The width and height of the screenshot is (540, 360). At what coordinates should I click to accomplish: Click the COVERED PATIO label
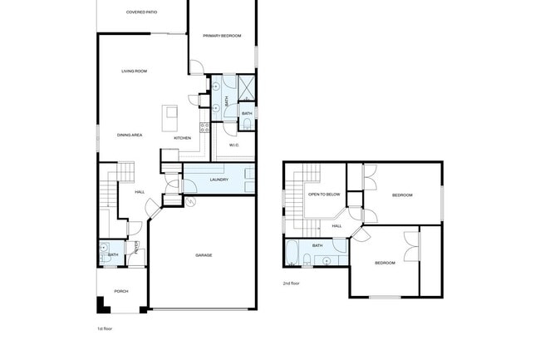pos(142,12)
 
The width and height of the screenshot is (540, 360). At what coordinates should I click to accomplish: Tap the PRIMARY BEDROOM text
pos(222,36)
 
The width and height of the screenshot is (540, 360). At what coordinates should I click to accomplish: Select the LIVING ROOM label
pos(134,72)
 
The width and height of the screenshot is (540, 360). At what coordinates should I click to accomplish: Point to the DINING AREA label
pos(130,135)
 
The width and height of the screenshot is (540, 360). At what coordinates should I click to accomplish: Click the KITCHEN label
pos(182,138)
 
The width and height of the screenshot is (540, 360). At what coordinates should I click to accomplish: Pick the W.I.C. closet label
pos(234,145)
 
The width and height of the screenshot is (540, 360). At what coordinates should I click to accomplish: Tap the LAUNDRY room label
pos(219,180)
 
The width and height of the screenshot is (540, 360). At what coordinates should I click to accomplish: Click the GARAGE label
pos(204,255)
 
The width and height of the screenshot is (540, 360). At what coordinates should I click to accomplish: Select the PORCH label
pos(121,291)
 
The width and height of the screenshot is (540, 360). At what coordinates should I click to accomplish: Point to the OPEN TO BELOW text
pos(324,195)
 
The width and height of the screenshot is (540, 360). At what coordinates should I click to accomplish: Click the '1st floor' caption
pos(105,329)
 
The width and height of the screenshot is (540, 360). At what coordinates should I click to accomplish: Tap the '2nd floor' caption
pos(291,284)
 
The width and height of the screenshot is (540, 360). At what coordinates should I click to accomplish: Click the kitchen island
pos(172,112)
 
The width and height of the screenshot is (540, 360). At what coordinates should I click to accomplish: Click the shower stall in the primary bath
pos(247,86)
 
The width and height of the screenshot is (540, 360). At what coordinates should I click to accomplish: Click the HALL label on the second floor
pos(336,225)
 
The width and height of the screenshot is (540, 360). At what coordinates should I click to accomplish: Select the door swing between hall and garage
pos(153,209)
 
